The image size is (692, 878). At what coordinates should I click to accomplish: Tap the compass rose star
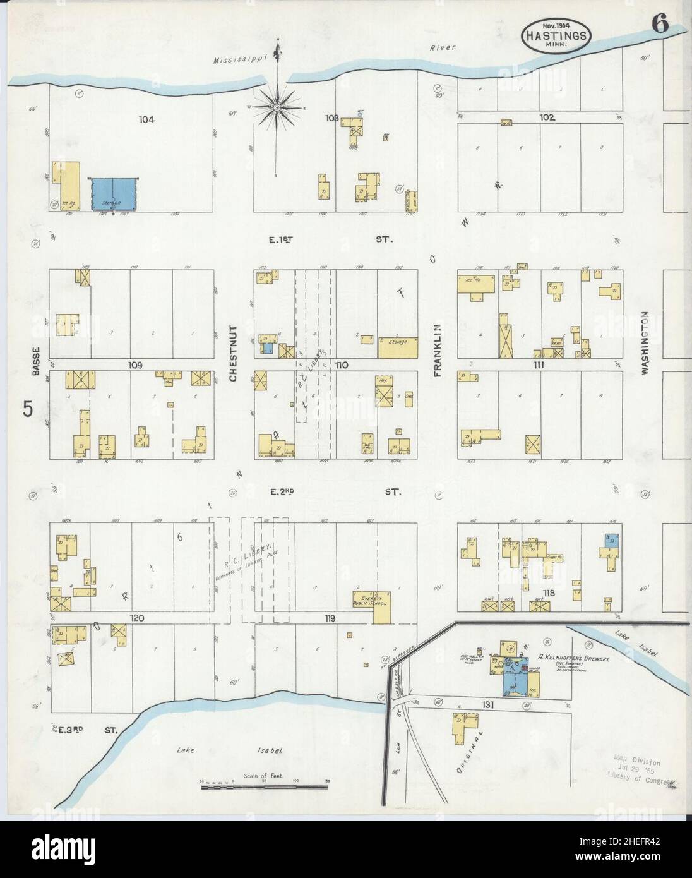pos(277,109)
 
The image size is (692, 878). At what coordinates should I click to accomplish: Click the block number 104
pos(147,119)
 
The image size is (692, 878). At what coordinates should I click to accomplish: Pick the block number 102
pos(547,117)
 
